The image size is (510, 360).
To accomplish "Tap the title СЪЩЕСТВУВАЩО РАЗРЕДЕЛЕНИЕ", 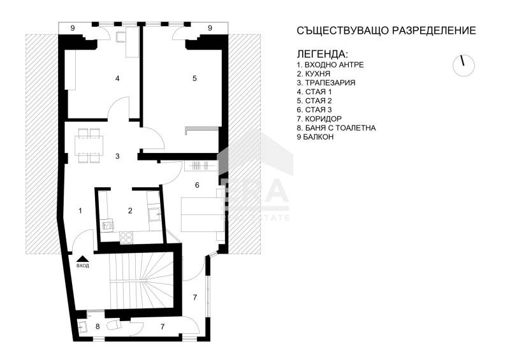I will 386,31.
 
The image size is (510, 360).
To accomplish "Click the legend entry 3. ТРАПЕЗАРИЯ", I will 326,83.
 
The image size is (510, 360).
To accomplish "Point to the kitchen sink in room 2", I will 153,215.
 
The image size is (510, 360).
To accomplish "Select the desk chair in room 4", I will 120,37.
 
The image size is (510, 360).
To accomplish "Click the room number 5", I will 195,78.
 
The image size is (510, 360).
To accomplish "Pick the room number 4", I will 117,78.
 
